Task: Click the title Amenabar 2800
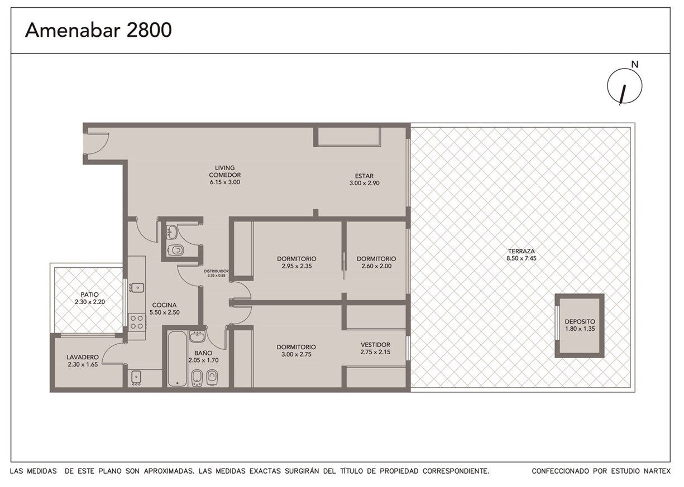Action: [98, 30]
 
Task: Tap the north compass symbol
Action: [624, 86]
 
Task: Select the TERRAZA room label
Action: [522, 251]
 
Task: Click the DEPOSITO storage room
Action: [579, 325]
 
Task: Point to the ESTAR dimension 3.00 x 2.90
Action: [364, 183]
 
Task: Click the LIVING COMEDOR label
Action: [224, 171]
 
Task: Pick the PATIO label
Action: [89, 295]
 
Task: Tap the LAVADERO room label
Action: [83, 357]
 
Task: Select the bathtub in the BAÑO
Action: [177, 359]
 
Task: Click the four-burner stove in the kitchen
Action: [137, 322]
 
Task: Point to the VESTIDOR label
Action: [375, 345]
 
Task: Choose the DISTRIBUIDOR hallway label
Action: [216, 271]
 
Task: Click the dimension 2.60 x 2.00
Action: [376, 266]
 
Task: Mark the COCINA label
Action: [164, 305]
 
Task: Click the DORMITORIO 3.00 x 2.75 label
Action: [296, 350]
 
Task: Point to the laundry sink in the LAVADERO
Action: [136, 377]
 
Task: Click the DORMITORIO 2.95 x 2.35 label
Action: [296, 262]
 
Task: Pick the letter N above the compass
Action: [635, 64]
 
